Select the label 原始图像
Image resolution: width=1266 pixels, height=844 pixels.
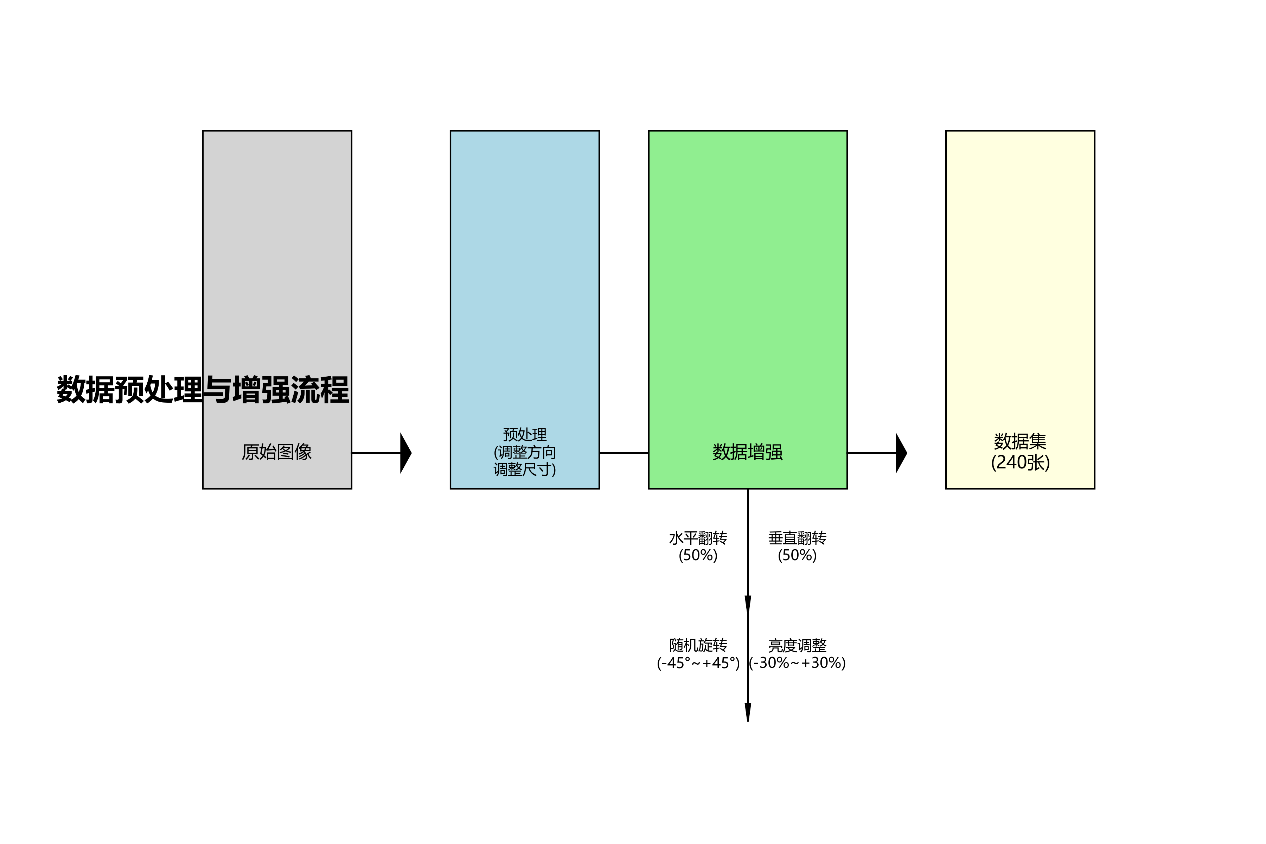click(x=277, y=452)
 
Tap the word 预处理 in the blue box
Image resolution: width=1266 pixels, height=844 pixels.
click(x=524, y=434)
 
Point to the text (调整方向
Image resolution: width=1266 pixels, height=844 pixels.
click(x=524, y=452)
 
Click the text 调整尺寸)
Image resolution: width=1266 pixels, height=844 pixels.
click(x=524, y=469)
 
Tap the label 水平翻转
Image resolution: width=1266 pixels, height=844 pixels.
click(x=698, y=538)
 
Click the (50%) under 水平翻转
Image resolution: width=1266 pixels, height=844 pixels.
click(x=698, y=555)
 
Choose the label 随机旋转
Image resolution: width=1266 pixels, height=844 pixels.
click(x=698, y=645)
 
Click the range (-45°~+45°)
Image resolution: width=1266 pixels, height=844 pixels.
click(x=698, y=663)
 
